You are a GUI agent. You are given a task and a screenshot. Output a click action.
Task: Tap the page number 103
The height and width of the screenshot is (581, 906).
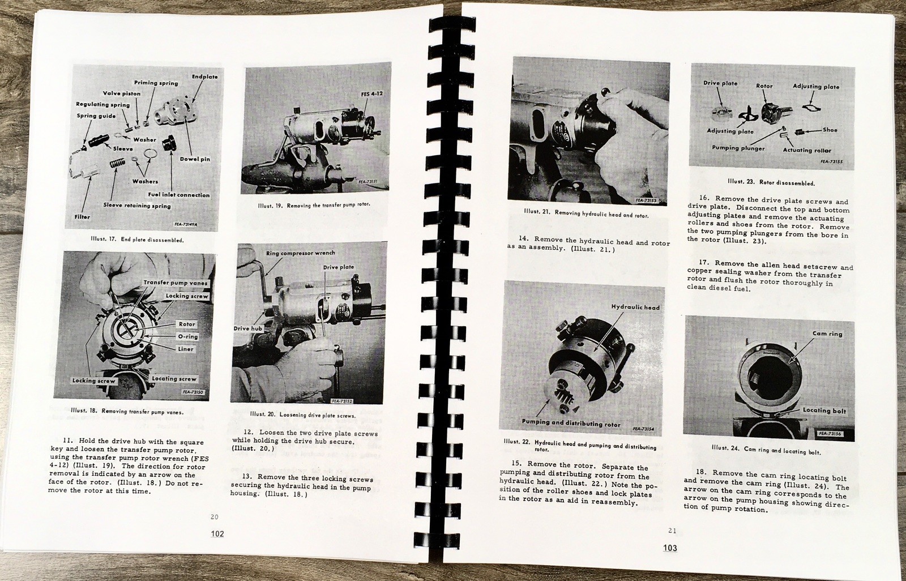tap(670, 548)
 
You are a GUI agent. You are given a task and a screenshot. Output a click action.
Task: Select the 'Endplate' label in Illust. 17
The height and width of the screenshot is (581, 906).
tap(205, 76)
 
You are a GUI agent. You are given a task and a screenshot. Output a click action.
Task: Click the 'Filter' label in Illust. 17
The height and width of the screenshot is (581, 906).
tap(83, 216)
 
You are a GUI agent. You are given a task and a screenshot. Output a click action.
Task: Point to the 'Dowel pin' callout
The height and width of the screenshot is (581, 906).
tap(195, 159)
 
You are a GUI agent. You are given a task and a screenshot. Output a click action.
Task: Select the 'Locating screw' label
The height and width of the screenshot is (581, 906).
tap(174, 378)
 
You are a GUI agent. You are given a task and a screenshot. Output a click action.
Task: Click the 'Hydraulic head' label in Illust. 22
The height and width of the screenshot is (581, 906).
tap(635, 307)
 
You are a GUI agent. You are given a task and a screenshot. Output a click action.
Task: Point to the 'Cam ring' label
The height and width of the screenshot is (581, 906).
tap(827, 334)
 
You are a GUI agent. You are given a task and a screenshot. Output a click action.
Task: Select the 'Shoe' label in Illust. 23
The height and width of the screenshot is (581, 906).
tap(830, 130)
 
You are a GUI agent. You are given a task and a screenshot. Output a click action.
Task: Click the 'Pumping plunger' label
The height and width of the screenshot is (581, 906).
tap(738, 148)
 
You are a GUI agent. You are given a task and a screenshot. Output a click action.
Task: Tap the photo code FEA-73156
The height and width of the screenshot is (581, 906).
tap(830, 433)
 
